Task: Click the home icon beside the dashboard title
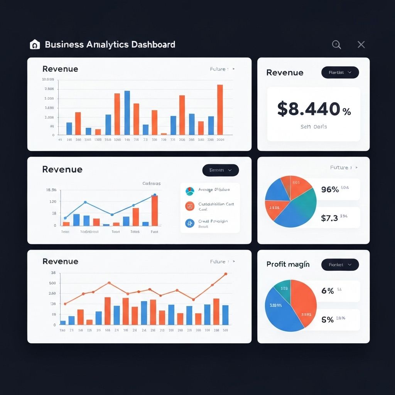pyautogui.click(x=35, y=45)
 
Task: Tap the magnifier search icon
pyautogui.click(x=336, y=45)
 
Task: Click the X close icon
pyautogui.click(x=361, y=45)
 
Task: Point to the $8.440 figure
pyautogui.click(x=309, y=109)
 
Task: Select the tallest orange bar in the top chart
pyautogui.click(x=220, y=110)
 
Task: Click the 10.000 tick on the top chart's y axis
pyautogui.click(x=48, y=79)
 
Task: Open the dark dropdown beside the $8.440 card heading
pyautogui.click(x=340, y=73)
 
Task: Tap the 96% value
pyautogui.click(x=330, y=189)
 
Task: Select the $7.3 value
pyautogui.click(x=329, y=218)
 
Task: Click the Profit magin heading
pyautogui.click(x=288, y=264)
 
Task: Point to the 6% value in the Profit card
pyautogui.click(x=327, y=291)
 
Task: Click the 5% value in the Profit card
pyautogui.click(x=327, y=320)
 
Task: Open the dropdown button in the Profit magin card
pyautogui.click(x=340, y=265)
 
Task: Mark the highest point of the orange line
pyautogui.click(x=226, y=274)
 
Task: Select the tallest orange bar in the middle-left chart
pyautogui.click(x=155, y=210)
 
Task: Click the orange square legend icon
pyautogui.click(x=189, y=206)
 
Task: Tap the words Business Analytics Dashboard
pyautogui.click(x=110, y=44)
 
